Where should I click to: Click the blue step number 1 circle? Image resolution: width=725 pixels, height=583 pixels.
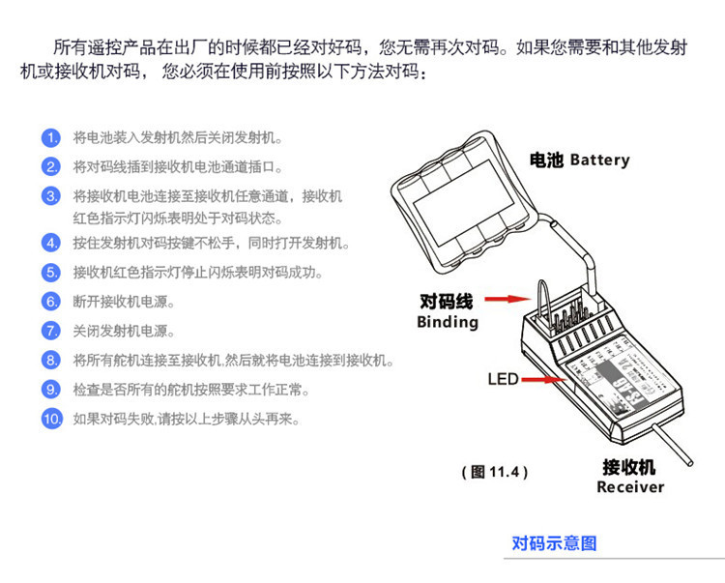[51, 138]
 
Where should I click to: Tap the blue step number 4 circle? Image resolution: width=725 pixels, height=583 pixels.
[51, 243]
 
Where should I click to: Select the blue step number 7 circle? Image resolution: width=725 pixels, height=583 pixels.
[51, 331]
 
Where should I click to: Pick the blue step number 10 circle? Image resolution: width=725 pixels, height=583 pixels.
[52, 419]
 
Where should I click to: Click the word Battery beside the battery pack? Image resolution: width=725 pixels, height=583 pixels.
[599, 160]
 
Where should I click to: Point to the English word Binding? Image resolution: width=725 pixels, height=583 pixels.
[448, 322]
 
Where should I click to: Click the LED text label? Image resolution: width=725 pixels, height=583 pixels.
[503, 380]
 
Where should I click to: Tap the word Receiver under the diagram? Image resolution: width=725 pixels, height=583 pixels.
[630, 487]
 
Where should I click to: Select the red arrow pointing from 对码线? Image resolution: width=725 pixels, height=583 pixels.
[507, 299]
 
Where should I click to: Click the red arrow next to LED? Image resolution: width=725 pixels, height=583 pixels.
[544, 380]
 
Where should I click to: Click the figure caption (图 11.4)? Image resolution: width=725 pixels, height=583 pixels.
[494, 472]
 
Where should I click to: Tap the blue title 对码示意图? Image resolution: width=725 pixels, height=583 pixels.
[554, 543]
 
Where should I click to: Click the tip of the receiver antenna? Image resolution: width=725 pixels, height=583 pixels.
[690, 462]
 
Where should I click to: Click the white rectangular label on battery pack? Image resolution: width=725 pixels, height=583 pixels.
[463, 202]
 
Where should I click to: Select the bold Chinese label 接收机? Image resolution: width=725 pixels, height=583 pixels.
[629, 467]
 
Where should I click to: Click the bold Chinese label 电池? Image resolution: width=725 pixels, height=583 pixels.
[546, 160]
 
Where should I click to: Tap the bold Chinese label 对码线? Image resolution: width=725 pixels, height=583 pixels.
[447, 302]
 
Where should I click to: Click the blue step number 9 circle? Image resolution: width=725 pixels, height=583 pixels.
[51, 390]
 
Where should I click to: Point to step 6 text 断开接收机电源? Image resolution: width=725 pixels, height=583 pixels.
[124, 302]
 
